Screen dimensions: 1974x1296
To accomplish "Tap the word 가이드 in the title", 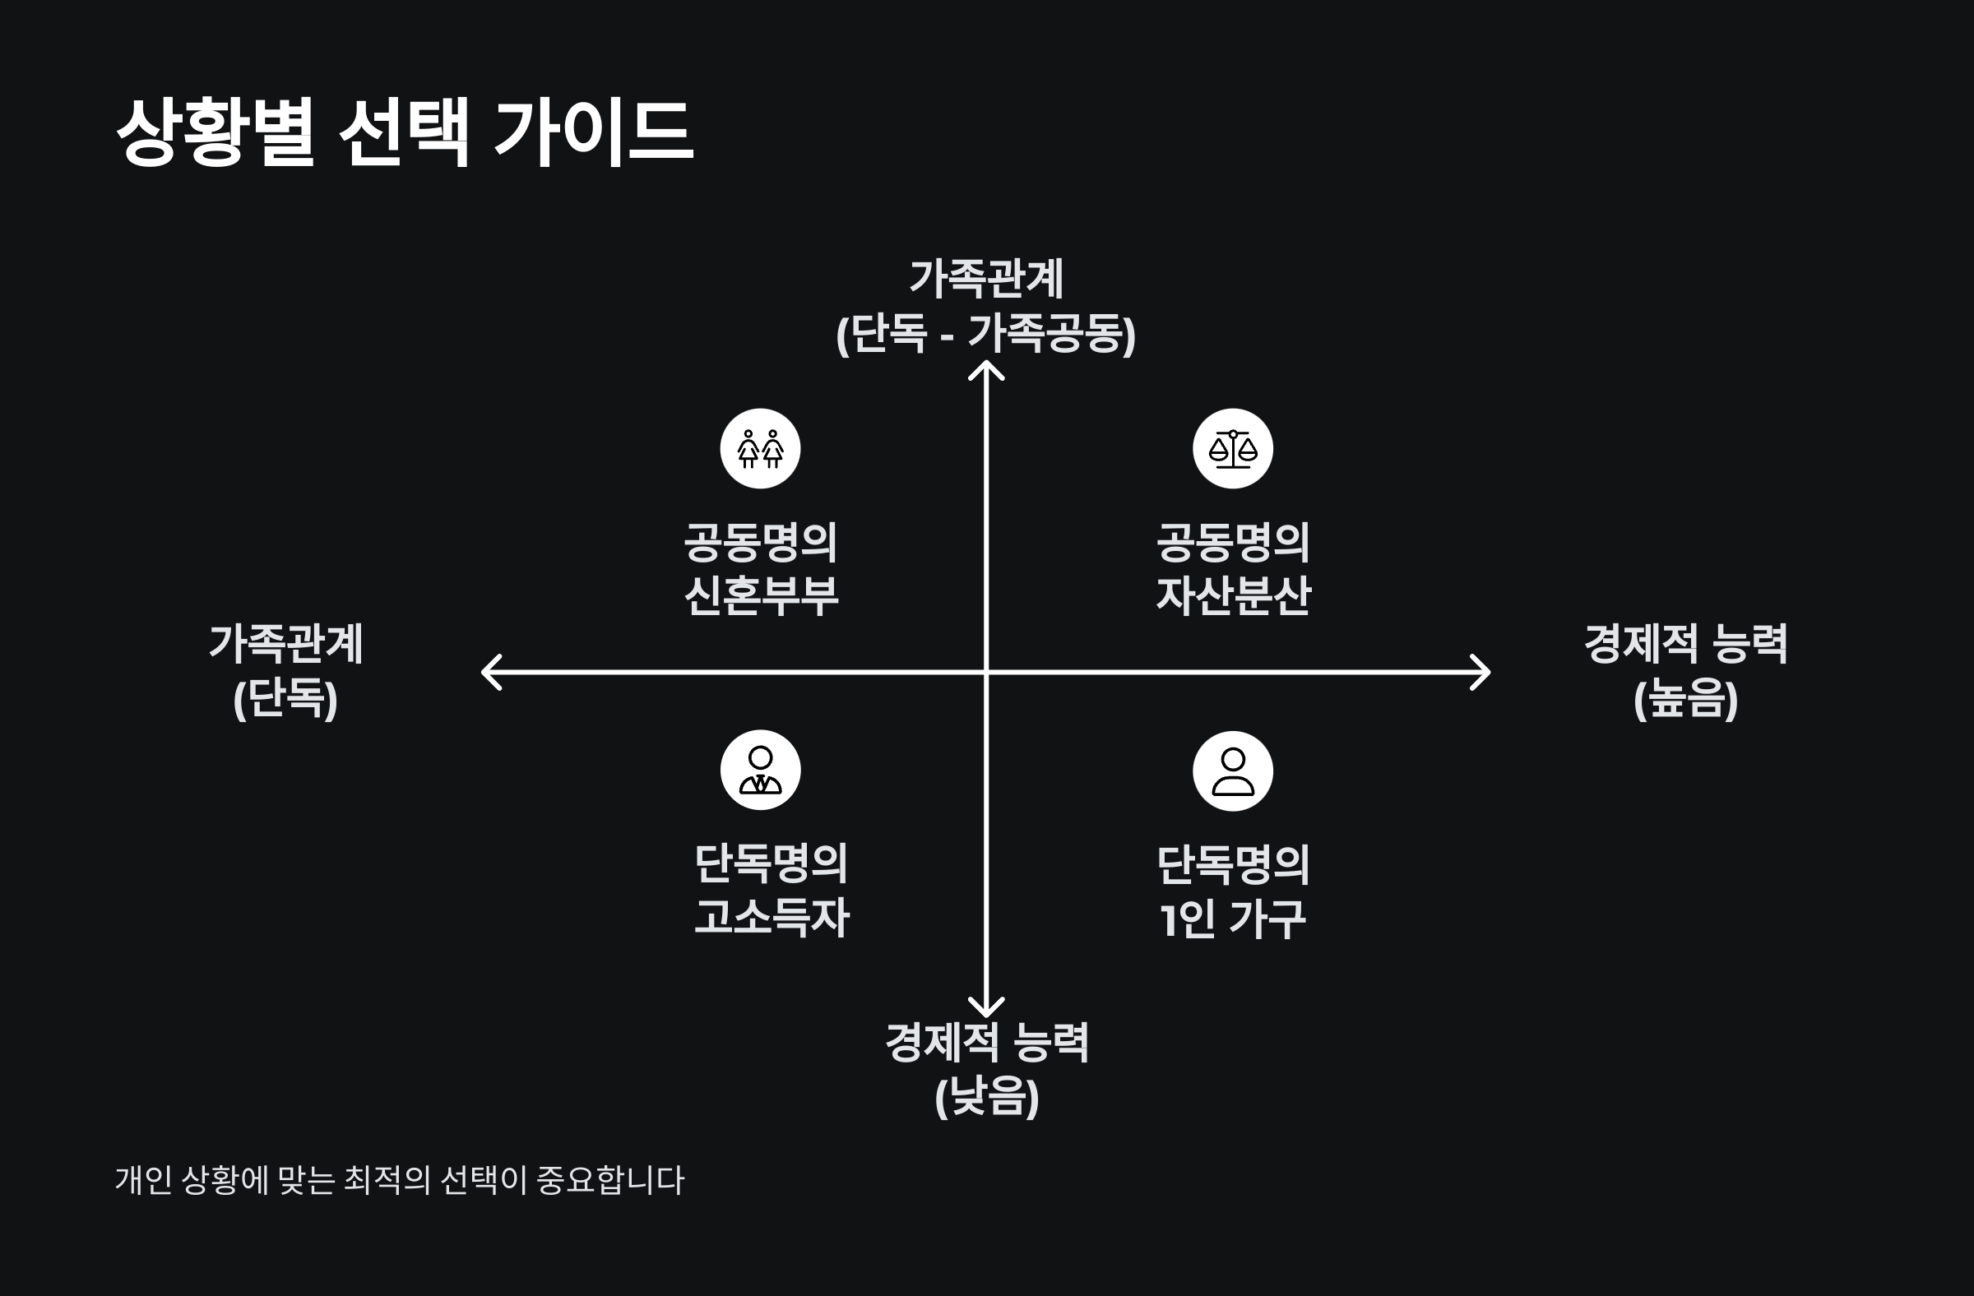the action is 594,132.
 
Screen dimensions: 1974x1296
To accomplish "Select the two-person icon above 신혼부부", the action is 760,448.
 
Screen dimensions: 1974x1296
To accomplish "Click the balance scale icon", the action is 1232,448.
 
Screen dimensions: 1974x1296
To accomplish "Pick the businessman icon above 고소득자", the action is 760,771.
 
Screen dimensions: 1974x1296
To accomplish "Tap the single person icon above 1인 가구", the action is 1232,771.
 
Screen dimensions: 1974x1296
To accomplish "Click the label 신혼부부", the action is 761,595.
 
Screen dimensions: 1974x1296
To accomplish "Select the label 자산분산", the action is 1232,595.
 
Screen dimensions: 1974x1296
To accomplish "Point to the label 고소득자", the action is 772,917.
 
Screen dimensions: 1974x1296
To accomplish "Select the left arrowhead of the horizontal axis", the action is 490,672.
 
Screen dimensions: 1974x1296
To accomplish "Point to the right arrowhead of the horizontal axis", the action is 1481,672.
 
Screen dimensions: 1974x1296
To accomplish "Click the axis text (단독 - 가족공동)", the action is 985,333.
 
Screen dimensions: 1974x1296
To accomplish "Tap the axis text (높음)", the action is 1685,699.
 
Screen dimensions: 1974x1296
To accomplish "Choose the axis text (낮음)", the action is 986,1097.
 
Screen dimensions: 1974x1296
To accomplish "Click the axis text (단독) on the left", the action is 285,699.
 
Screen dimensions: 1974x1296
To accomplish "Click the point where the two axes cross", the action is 986,672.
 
